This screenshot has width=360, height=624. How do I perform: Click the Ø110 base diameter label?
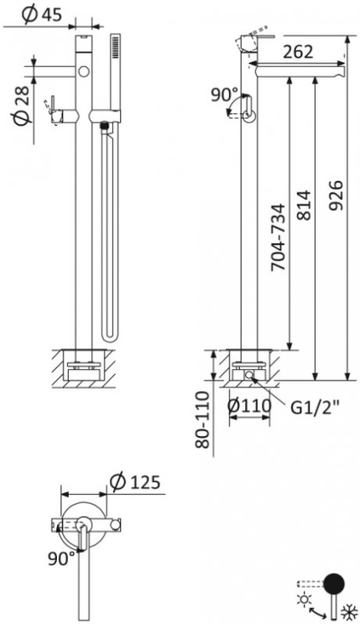(x=250, y=408)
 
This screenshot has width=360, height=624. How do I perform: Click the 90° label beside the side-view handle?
(x=225, y=94)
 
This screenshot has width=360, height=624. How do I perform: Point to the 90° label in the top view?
(x=61, y=558)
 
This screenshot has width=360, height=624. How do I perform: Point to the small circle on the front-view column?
(x=83, y=70)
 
